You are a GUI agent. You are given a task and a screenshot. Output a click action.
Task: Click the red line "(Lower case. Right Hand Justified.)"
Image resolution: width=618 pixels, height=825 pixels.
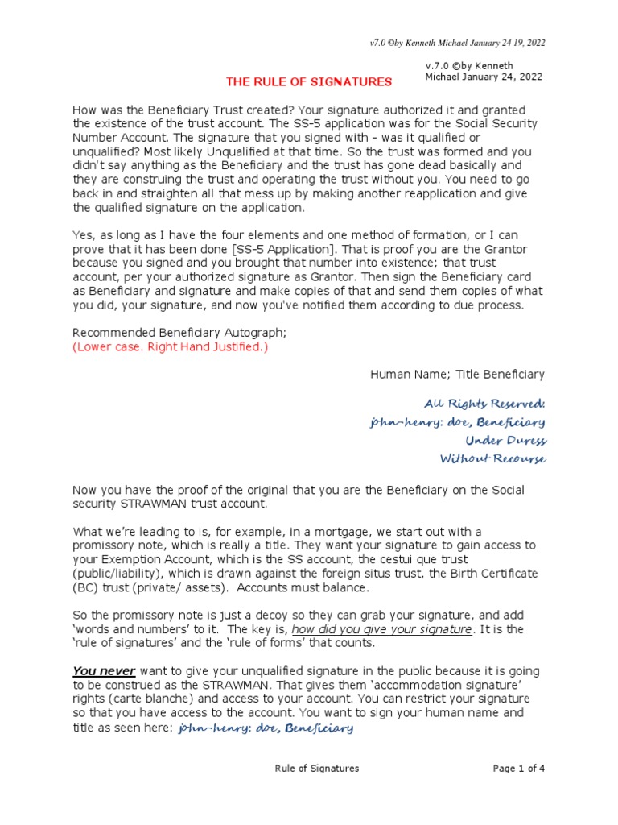point(171,347)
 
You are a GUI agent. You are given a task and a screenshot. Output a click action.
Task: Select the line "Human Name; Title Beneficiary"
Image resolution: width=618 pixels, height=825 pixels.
point(457,374)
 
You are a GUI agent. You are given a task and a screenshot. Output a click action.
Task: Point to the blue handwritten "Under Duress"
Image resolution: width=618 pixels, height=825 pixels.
point(505,441)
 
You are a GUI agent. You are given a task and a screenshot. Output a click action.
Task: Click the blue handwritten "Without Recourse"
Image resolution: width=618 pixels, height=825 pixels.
point(492,459)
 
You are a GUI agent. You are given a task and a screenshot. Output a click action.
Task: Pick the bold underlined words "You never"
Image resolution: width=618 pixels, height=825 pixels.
point(104,671)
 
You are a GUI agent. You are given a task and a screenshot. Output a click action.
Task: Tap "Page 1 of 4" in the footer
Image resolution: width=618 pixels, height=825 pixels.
point(519,769)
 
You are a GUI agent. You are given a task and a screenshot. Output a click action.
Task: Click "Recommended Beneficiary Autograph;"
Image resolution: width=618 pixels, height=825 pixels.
point(173,333)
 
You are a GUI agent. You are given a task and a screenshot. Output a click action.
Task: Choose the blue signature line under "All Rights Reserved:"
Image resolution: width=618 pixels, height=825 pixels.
point(457,422)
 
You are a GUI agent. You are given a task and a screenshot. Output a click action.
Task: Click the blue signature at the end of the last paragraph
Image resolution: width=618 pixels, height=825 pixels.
point(265,728)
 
